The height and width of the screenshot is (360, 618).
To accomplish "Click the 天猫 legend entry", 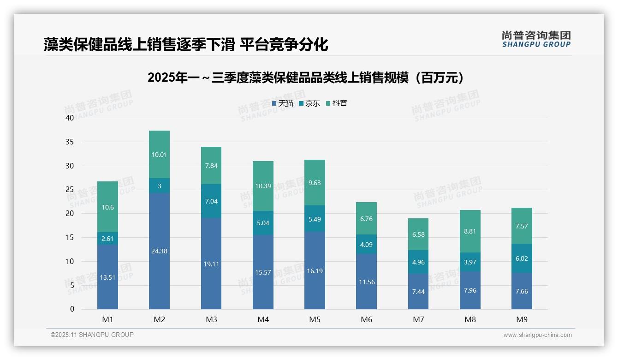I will (x=282, y=103).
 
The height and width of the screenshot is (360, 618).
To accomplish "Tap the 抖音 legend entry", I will (x=336, y=103).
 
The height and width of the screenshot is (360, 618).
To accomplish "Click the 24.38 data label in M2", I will (x=159, y=251).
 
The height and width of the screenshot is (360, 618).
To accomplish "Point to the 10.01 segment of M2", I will (x=159, y=155).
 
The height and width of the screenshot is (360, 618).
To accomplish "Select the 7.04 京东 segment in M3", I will (x=211, y=201).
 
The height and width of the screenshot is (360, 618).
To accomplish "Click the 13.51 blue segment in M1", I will (x=107, y=277).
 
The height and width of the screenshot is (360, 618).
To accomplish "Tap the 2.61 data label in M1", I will (x=107, y=239).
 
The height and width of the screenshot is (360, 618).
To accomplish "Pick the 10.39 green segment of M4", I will (x=263, y=186).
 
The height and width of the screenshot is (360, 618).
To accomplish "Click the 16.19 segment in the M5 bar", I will (x=315, y=271).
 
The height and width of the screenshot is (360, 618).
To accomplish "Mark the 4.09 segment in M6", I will (x=366, y=245).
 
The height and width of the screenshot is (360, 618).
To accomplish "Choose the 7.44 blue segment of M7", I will (x=418, y=292).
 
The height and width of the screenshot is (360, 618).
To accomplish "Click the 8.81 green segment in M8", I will (x=470, y=231).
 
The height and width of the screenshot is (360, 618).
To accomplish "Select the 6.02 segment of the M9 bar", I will (x=522, y=259).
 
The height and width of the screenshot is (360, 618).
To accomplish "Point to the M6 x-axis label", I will (x=366, y=319).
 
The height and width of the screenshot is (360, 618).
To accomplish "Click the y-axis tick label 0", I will (x=71, y=309).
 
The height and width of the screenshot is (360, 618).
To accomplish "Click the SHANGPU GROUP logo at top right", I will (x=536, y=39).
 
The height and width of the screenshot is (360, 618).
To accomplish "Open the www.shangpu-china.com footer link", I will (x=537, y=335).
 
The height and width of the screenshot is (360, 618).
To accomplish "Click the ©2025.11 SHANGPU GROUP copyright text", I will (x=92, y=335).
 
